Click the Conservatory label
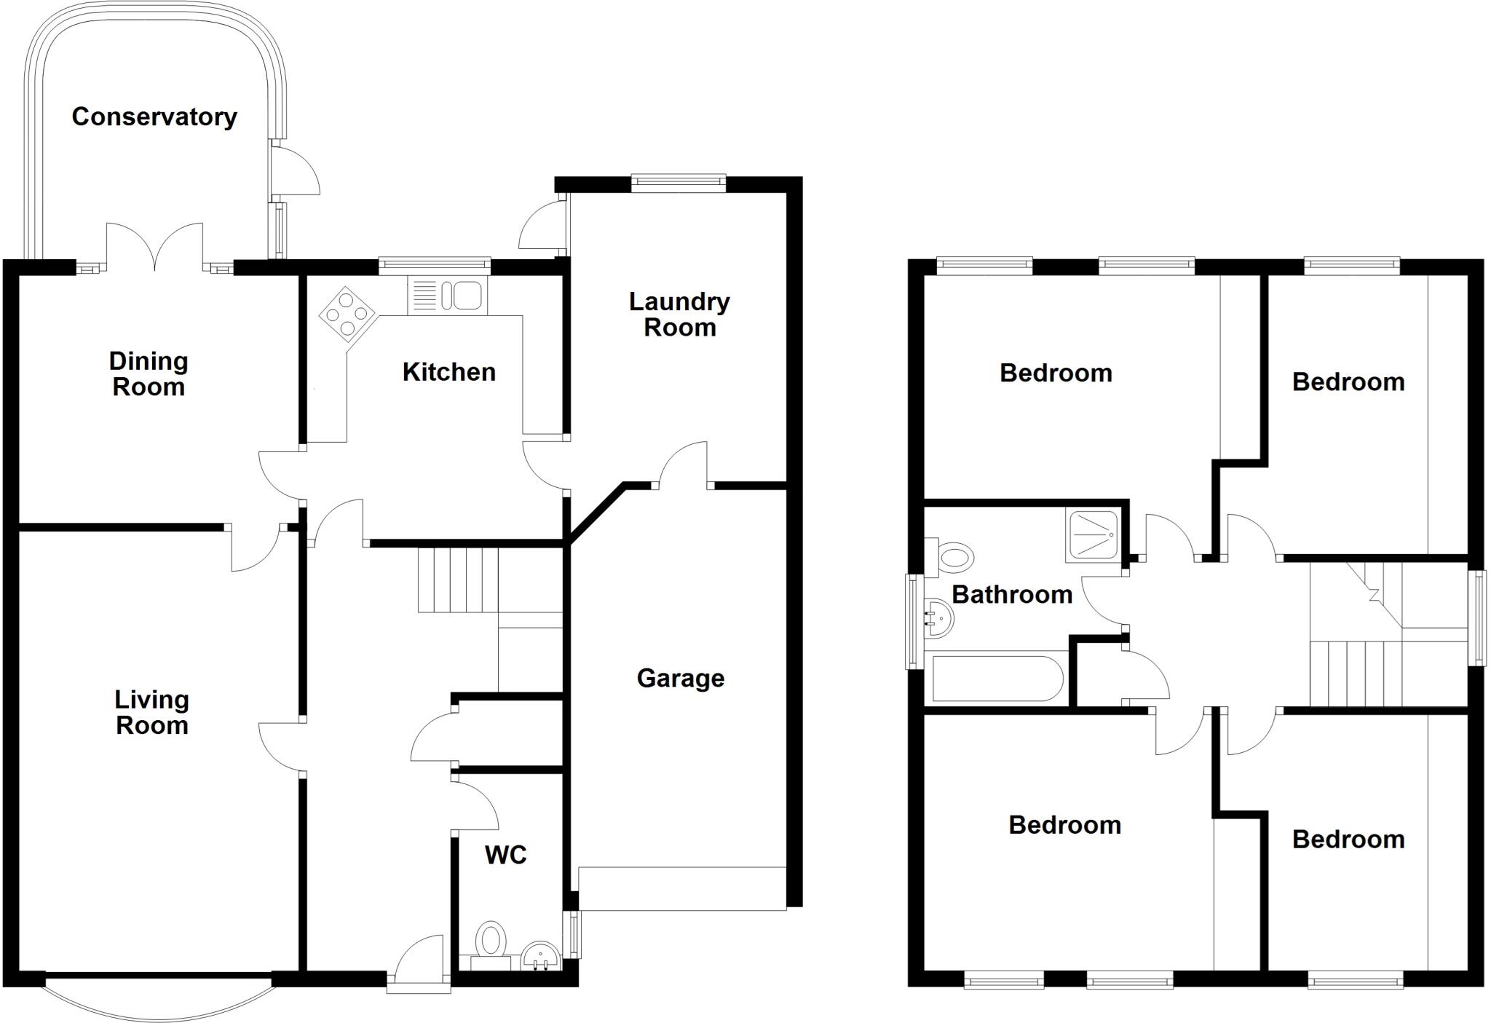coord(154,116)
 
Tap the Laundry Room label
coord(679,315)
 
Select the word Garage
coord(681,679)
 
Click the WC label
coord(506,855)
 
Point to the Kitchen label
coord(449,372)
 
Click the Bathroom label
coord(1012,595)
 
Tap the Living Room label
coord(152,712)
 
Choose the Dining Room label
coord(149,374)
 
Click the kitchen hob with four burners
coord(347,315)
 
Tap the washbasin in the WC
coord(540,956)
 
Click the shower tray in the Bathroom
coord(1092,535)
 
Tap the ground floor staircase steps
coord(458,580)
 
